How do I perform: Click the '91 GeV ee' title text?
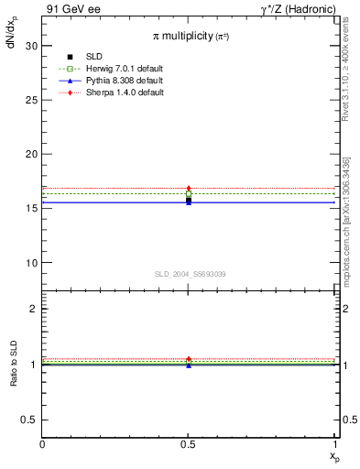71,9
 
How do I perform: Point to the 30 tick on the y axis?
31,45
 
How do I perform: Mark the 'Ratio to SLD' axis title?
14,379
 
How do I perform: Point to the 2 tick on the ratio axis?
34,309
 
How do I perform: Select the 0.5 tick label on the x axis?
189,445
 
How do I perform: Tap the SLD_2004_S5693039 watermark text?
190,274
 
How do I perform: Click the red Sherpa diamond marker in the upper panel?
189,189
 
